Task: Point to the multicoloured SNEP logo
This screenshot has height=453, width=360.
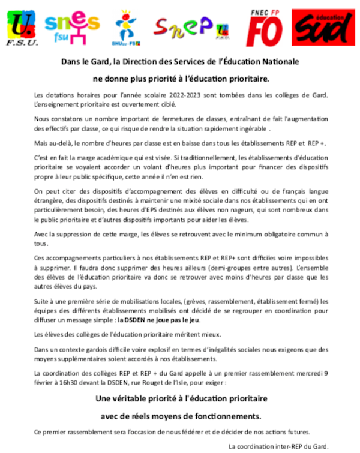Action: (x=184, y=26)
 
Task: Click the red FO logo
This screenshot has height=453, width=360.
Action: (x=266, y=28)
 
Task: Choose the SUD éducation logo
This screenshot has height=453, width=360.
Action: (x=324, y=26)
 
